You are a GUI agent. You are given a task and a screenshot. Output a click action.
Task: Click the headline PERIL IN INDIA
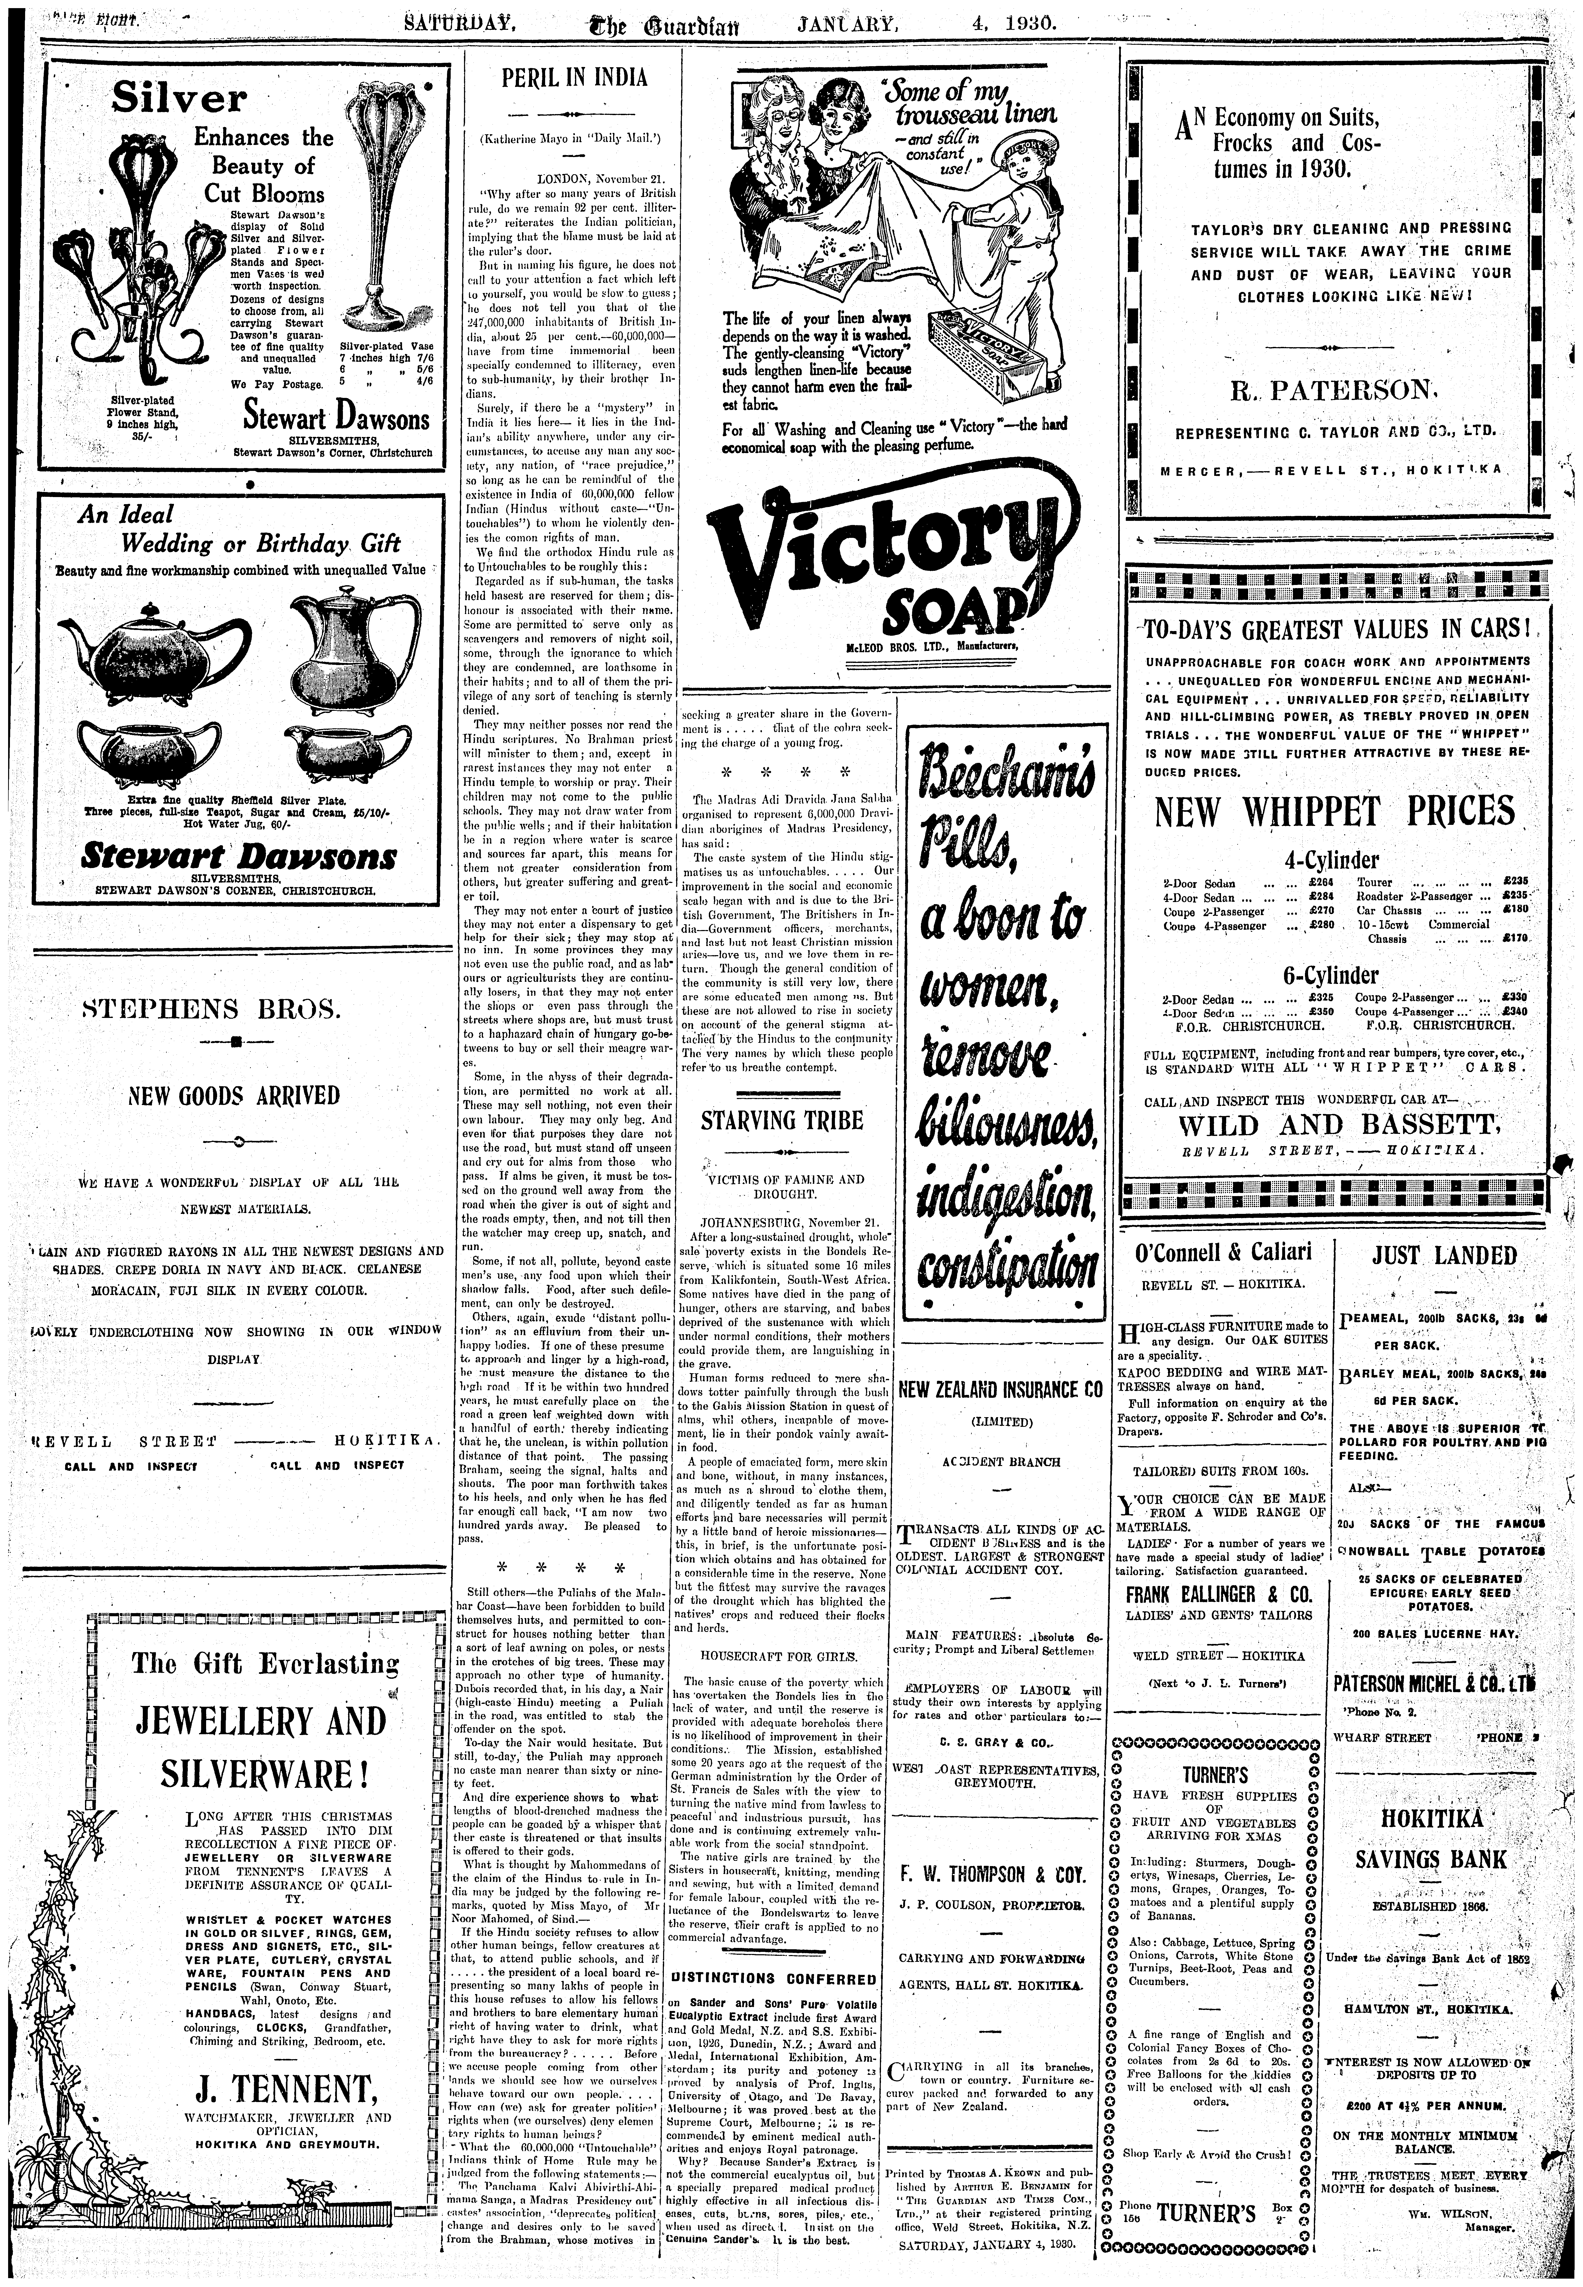(x=573, y=78)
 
